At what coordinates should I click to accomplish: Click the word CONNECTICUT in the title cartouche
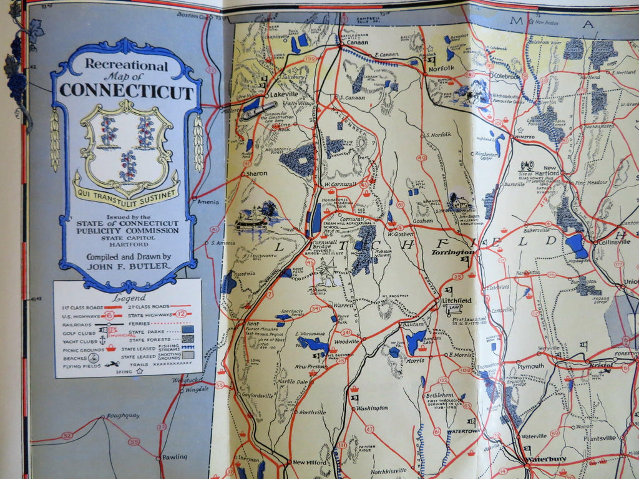[x=126, y=92]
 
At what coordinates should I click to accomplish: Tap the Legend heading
[x=129, y=298]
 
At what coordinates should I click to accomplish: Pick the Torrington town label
[x=452, y=253]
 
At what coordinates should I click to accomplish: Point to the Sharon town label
[x=256, y=173]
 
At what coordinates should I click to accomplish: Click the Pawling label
[x=175, y=457]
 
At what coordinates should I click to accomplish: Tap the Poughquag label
[x=123, y=415]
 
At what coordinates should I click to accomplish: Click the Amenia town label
[x=208, y=202]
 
